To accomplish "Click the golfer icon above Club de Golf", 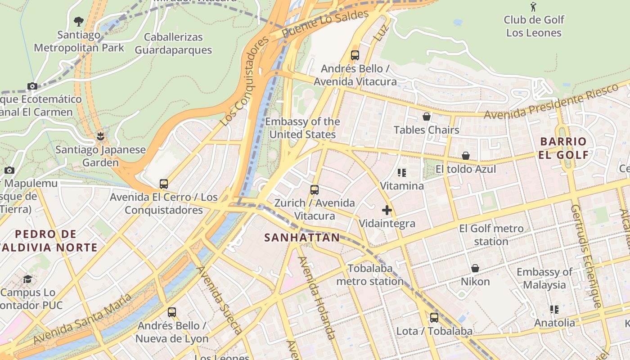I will coord(533,6).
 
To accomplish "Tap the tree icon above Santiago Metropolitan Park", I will coord(79,21).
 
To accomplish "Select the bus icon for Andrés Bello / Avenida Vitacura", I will coord(355,55).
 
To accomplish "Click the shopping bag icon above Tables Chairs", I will coord(427,117).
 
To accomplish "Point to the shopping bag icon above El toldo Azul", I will coord(466,156).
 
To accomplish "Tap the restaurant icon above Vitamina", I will coord(402,173).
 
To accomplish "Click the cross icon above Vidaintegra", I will coord(387,210).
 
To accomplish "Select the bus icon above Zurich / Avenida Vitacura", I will coord(315,190).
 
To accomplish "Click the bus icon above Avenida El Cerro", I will coord(164,184).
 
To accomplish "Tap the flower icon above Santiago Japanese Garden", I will coord(100,136).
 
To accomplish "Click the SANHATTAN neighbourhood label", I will coord(302,238).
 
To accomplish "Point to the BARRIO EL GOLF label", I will coord(563,148).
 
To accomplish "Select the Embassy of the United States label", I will coord(302,128).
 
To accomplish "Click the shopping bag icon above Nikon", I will coord(475,269).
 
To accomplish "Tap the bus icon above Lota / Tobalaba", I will coord(434,318).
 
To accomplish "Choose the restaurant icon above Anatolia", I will coord(554,309).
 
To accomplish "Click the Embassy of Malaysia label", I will coord(544,278).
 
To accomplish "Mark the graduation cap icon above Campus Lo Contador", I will coord(27,279).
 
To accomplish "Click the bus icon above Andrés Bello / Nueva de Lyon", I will coord(171,312).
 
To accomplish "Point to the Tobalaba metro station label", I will coord(370,274).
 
